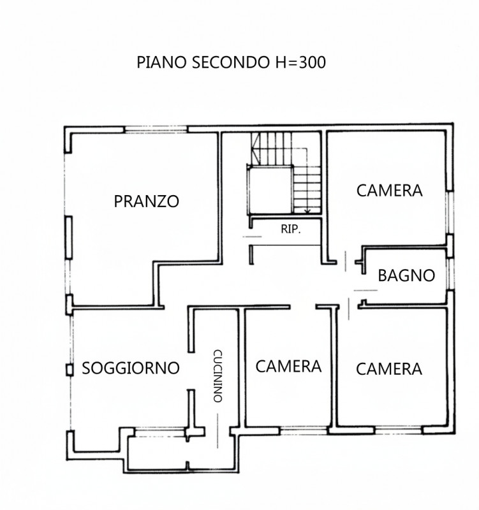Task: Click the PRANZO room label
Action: point(146,201)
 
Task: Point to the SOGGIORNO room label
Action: point(130,368)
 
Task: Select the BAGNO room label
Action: point(406,275)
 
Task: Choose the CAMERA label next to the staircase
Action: point(389,190)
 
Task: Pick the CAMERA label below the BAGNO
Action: point(389,368)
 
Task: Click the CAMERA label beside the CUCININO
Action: point(288,367)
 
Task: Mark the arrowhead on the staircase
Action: point(308,210)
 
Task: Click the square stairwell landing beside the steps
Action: point(270,189)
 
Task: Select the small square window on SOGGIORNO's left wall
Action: point(69,369)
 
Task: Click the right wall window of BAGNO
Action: point(451,274)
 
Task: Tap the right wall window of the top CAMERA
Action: point(451,214)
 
